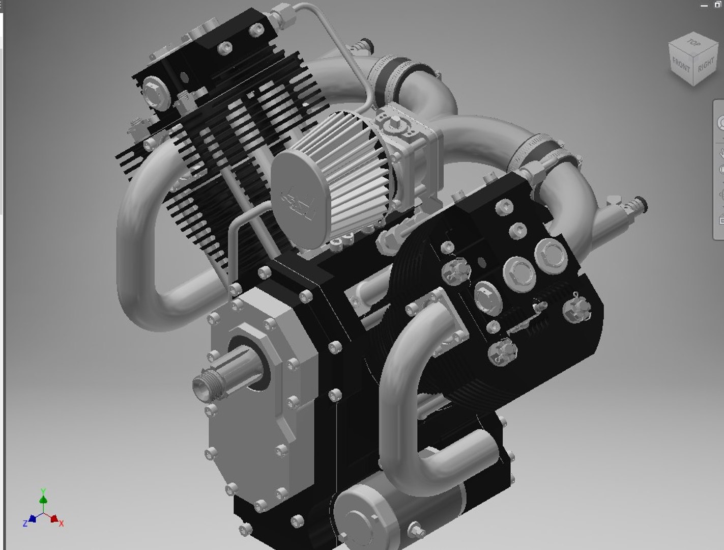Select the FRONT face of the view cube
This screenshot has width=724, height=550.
(x=681, y=65)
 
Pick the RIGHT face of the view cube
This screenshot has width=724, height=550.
(x=706, y=66)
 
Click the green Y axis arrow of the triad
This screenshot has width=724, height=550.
(x=44, y=499)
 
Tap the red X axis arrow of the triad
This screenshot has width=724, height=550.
(x=54, y=519)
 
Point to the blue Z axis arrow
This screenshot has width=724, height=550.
(x=32, y=519)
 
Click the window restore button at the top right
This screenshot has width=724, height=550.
(x=718, y=5)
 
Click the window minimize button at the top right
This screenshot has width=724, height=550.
(x=704, y=5)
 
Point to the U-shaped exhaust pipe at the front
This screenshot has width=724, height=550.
(x=402, y=387)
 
